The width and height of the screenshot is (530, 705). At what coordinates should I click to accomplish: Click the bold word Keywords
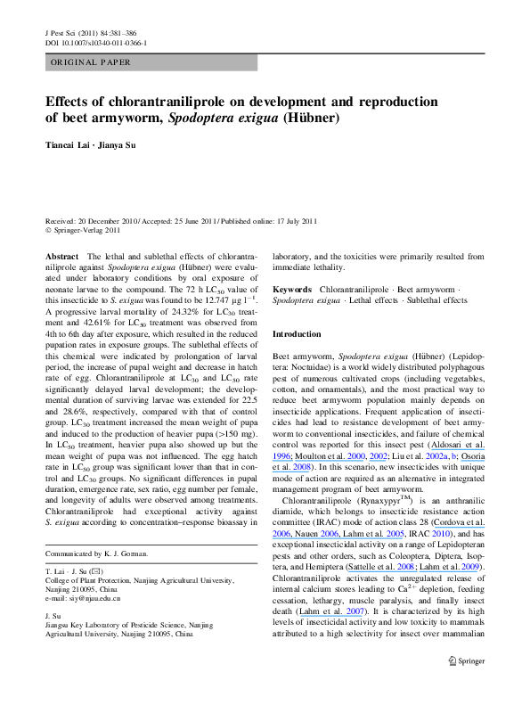coord(292,290)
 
